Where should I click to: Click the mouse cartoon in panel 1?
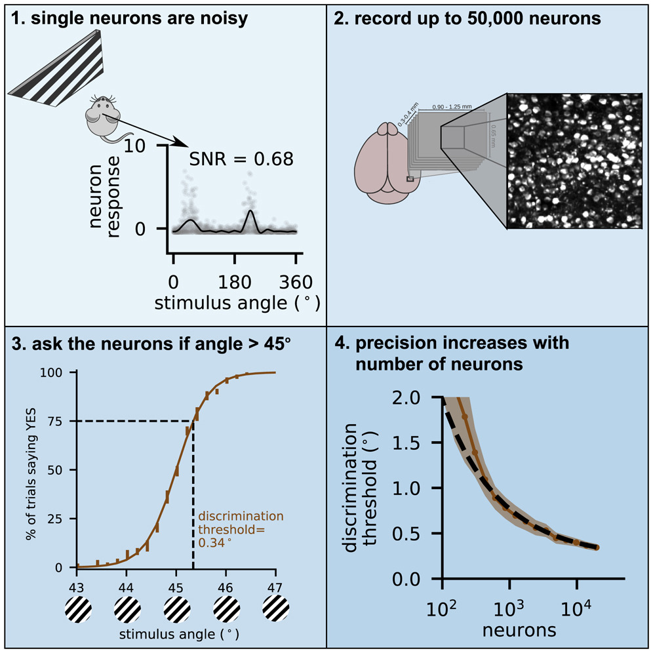point(102,115)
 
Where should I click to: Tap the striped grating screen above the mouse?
point(62,72)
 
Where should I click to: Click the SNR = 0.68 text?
point(241,159)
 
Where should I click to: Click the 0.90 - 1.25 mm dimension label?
point(452,106)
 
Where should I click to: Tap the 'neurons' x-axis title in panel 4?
point(519,631)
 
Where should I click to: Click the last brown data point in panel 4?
point(597,547)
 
